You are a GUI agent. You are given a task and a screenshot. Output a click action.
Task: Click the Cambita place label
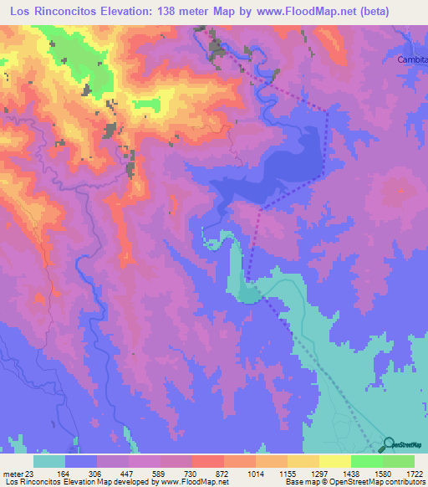pyautogui.click(x=412, y=60)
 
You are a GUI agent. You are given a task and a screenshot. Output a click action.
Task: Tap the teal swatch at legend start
pyautogui.click(x=49, y=462)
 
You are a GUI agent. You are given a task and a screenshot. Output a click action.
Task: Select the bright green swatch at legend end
pyautogui.click(x=398, y=462)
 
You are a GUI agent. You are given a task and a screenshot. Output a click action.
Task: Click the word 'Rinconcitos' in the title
pyautogui.click(x=68, y=11)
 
